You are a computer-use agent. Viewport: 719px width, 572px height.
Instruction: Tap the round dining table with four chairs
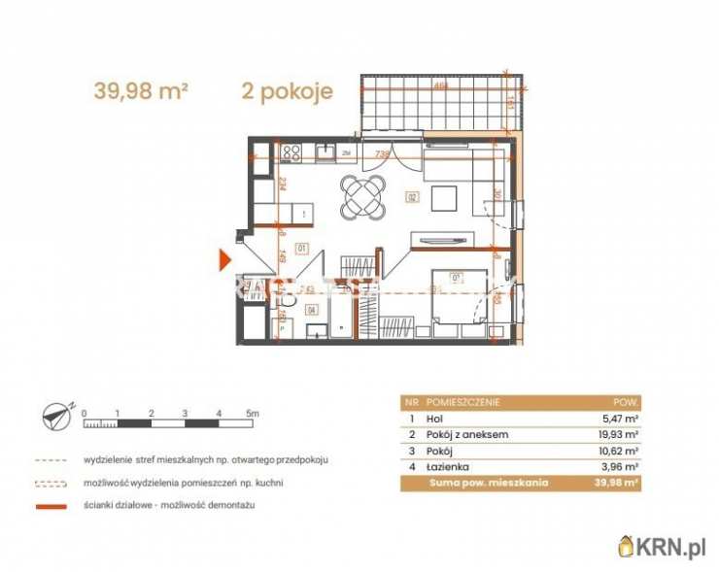click(x=363, y=197)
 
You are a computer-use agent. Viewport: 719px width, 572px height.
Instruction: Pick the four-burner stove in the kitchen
click(x=291, y=151)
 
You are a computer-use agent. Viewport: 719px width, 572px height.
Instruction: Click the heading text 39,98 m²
click(x=140, y=92)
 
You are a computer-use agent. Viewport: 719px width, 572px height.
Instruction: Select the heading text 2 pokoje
click(x=287, y=92)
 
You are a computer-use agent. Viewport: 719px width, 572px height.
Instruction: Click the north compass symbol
click(x=56, y=418)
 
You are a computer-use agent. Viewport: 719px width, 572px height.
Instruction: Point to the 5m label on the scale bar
click(x=253, y=414)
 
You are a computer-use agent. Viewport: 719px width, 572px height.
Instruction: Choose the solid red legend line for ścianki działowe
click(x=51, y=506)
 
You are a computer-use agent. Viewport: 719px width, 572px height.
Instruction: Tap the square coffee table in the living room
click(x=444, y=199)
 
